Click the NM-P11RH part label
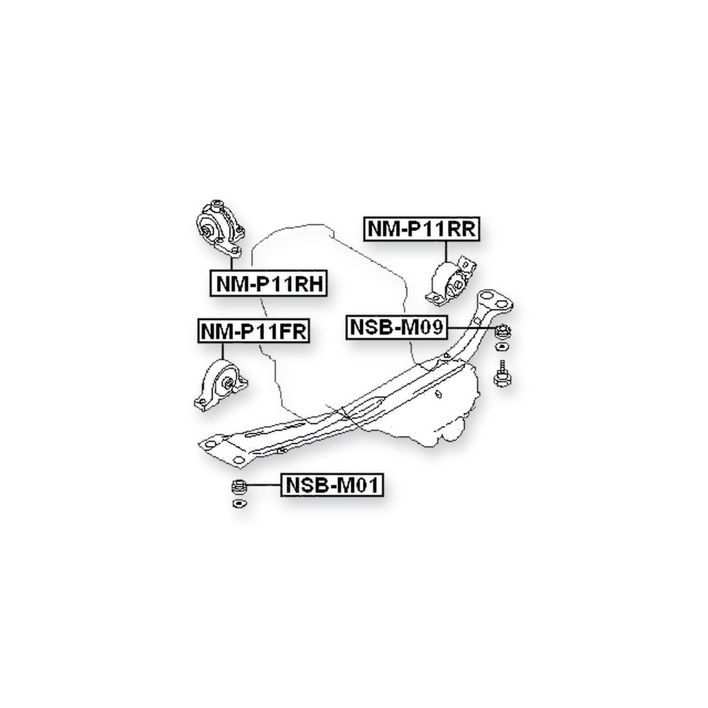(x=268, y=283)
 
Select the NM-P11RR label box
(x=422, y=228)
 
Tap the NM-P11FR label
(x=253, y=331)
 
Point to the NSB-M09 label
(x=397, y=327)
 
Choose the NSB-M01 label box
(x=332, y=485)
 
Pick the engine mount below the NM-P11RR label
(x=451, y=280)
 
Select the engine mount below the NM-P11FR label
(x=221, y=385)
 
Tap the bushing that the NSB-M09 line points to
(x=502, y=333)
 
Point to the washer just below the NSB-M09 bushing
(x=502, y=347)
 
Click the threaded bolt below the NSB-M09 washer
(x=502, y=373)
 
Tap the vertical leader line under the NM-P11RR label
(x=446, y=251)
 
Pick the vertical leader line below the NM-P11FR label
(x=223, y=351)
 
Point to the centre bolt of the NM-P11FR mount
(x=228, y=384)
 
